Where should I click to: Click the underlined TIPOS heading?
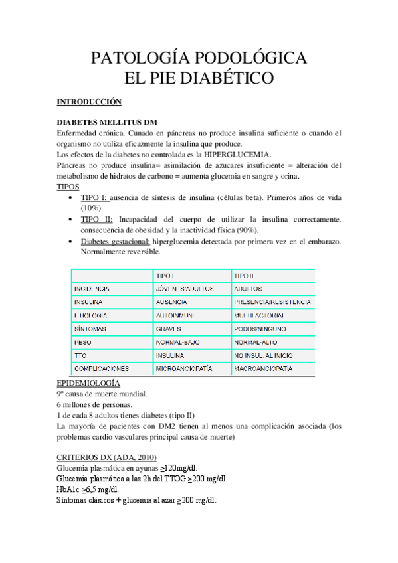tap(68, 187)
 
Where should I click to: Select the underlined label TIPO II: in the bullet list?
tap(96, 219)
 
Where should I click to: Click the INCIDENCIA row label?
tap(92, 289)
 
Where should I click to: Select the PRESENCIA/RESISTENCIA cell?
tap(272, 302)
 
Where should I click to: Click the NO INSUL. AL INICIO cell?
tap(264, 355)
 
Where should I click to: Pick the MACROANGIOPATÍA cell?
tap(264, 368)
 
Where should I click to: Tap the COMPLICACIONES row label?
tap(102, 368)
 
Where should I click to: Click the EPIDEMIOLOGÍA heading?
tap(88, 383)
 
